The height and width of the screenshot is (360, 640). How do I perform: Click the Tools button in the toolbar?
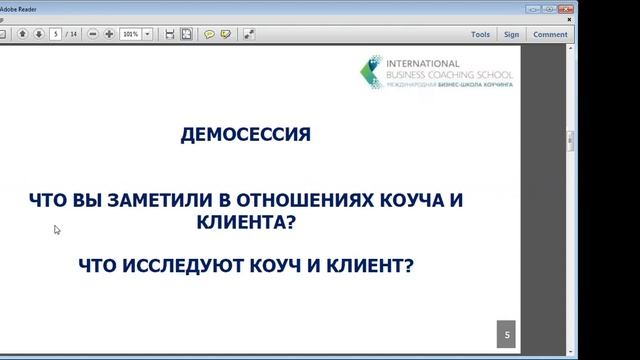point(480,33)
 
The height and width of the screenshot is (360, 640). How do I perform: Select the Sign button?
point(511,33)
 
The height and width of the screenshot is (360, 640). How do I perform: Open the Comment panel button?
point(550,33)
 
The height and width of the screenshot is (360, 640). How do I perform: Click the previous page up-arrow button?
point(21,33)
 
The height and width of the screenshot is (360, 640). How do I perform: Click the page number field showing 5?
point(57,33)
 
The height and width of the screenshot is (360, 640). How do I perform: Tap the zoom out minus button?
point(93,33)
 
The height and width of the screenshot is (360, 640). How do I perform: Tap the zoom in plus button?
point(109,33)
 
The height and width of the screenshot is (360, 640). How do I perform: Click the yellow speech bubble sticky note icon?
point(209,33)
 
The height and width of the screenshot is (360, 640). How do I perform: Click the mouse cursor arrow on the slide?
point(56,229)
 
